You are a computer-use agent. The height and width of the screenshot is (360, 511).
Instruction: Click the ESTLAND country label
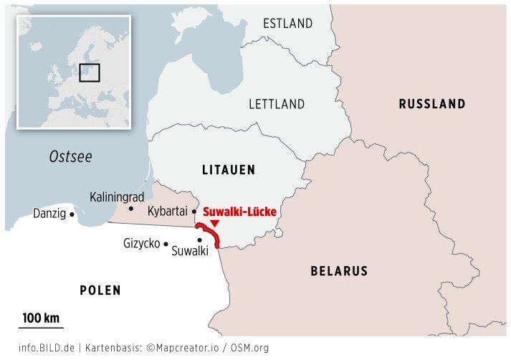pos(287,23)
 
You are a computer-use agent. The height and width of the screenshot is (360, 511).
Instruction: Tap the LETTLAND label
pos(277,104)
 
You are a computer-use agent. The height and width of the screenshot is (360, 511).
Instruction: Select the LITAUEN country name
pos(229,170)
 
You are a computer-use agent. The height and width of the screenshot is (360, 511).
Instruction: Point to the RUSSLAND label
pos(432,104)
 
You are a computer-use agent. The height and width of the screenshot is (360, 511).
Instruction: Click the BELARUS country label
pos(339,271)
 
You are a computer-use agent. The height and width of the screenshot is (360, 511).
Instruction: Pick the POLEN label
pos(100,290)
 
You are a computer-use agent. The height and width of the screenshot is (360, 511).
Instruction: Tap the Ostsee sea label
pos(70,157)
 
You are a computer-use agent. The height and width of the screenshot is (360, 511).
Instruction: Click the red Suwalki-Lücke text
pos(239,212)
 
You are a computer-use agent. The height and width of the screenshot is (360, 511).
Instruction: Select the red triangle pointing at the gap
pos(214,224)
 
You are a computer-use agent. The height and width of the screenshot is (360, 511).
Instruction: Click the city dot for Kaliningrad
pos(130,209)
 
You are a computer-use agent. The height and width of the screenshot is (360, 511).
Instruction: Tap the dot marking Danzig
pos(72,214)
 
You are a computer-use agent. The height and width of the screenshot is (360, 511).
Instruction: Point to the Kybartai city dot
pos(194,212)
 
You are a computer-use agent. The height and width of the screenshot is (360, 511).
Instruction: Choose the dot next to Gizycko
pos(166,245)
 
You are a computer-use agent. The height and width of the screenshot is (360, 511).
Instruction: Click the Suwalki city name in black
pos(190,251)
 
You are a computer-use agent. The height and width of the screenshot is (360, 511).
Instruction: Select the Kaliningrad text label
pos(117,196)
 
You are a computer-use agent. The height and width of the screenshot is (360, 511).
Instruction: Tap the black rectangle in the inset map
pos(89,72)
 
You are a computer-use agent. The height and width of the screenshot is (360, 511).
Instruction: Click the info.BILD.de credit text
pos(47,348)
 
